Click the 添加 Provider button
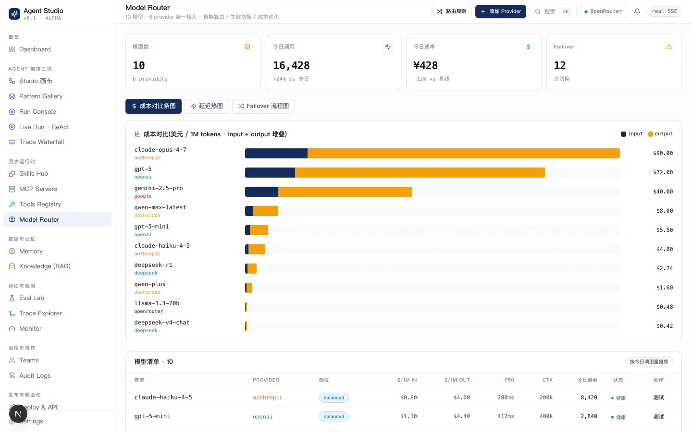(500, 12)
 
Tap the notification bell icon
(637, 12)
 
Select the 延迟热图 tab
(206, 106)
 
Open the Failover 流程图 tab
(263, 106)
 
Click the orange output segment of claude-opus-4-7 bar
(463, 154)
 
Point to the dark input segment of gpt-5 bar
(270, 172)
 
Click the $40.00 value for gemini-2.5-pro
(663, 192)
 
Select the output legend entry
(660, 133)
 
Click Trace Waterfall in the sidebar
(41, 142)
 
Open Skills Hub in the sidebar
(33, 173)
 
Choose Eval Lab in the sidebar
(32, 298)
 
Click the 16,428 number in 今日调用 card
(291, 65)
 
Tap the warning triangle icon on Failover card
(669, 47)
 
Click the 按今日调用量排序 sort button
(649, 361)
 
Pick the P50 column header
(509, 380)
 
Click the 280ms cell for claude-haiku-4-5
(506, 397)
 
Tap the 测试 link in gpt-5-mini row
(659, 417)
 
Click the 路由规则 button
(451, 12)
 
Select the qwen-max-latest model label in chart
(160, 207)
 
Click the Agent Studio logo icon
(14, 14)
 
